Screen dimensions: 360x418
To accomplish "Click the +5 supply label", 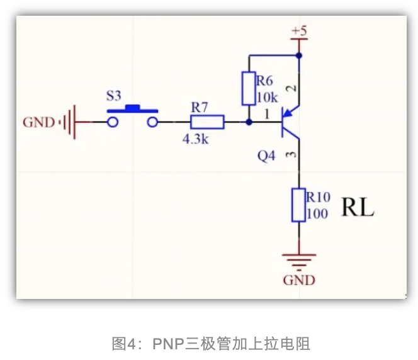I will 299,31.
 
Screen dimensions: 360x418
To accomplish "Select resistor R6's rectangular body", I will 249,89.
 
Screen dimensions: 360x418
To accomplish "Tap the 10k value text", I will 267,98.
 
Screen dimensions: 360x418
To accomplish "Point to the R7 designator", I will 200,107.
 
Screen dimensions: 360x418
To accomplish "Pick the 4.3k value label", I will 195,140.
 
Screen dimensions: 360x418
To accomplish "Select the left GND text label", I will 39,122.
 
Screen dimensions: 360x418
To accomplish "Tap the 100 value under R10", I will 317,214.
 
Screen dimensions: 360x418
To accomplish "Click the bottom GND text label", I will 299,280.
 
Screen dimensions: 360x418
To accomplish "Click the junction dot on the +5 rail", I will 299,55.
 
